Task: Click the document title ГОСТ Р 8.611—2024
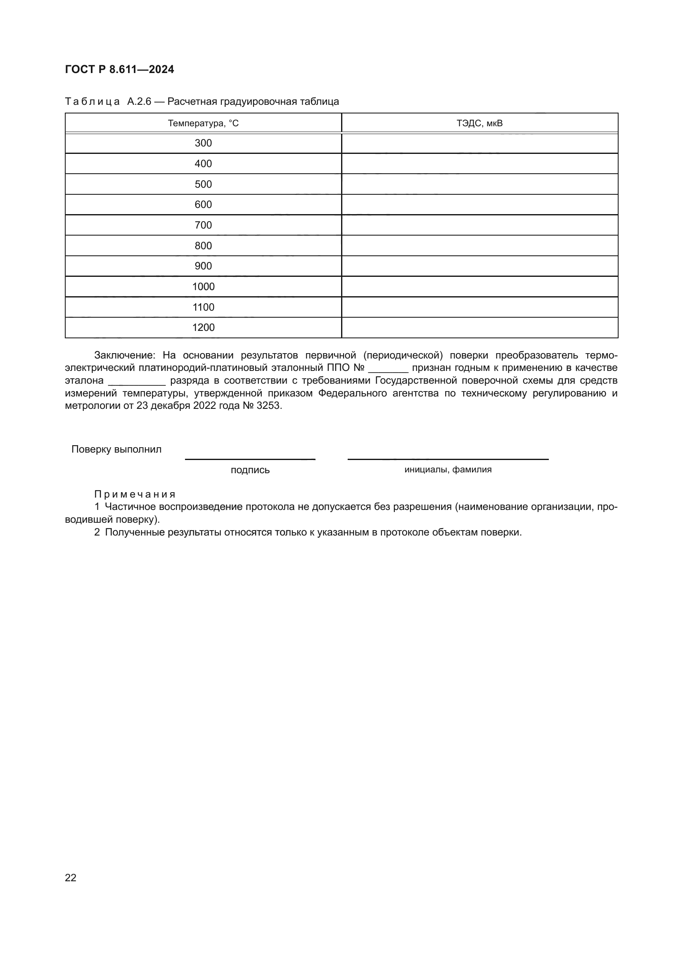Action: click(x=119, y=69)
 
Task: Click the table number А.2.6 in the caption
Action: click(x=139, y=102)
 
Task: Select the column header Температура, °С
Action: click(x=203, y=123)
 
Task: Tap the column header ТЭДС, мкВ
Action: click(x=479, y=123)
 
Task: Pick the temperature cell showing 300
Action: click(x=203, y=143)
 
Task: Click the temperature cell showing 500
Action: click(x=203, y=184)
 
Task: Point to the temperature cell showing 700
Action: click(x=203, y=225)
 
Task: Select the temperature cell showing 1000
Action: click(x=203, y=287)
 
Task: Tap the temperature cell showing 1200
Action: click(x=203, y=328)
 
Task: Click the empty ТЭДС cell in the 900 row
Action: click(x=479, y=266)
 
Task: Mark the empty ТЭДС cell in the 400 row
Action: click(x=479, y=163)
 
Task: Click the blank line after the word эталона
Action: click(x=137, y=382)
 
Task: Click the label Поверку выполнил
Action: click(x=116, y=449)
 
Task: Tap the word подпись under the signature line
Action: click(x=250, y=470)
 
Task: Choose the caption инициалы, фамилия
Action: click(x=448, y=470)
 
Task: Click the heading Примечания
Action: click(x=135, y=494)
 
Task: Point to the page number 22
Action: click(x=71, y=878)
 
